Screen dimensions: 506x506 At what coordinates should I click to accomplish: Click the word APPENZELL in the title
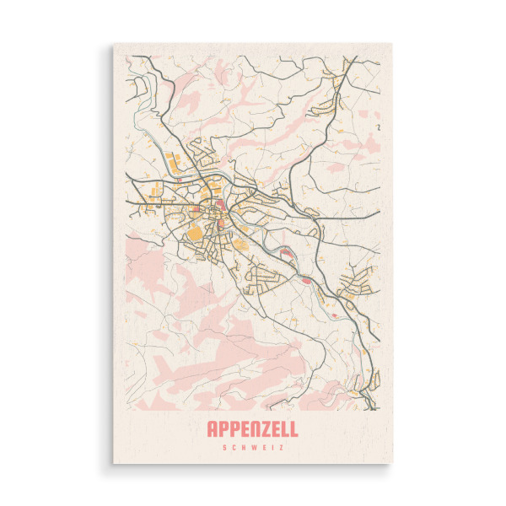pyautogui.click(x=252, y=428)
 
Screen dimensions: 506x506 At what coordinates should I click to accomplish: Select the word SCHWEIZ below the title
pyautogui.click(x=252, y=447)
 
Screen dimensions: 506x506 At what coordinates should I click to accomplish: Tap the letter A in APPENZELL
pyautogui.click(x=213, y=428)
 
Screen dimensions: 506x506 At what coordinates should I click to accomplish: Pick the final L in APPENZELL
pyautogui.click(x=293, y=428)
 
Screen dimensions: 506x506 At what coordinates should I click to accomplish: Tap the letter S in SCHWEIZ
pyautogui.click(x=225, y=447)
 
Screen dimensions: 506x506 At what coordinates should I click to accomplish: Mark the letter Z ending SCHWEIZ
pyautogui.click(x=280, y=447)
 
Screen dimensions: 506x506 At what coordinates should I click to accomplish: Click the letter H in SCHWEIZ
pyautogui.click(x=243, y=447)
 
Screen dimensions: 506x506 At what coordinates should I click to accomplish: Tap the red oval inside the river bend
pyautogui.click(x=285, y=251)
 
